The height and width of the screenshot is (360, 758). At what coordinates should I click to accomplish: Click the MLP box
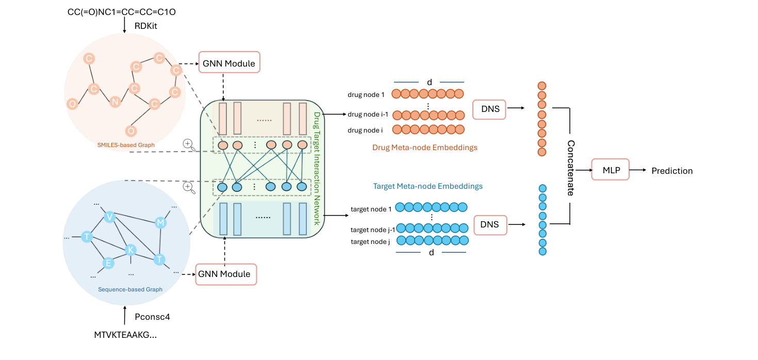[x=610, y=169]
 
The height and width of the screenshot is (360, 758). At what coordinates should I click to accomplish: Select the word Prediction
[x=672, y=171]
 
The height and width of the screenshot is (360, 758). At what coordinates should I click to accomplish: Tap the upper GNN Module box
[x=229, y=63]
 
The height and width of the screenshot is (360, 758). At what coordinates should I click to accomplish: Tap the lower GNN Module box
[x=225, y=274]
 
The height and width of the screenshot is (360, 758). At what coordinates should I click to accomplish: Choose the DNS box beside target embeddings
[x=490, y=224]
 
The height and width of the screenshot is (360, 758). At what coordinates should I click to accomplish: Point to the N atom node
[x=116, y=102]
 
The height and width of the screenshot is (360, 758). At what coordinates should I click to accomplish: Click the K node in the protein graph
[x=131, y=250]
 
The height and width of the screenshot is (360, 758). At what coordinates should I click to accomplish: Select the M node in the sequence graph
[x=160, y=223]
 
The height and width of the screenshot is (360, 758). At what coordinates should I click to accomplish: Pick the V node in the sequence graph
[x=109, y=217]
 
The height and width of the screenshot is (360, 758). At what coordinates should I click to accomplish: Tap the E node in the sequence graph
[x=108, y=263]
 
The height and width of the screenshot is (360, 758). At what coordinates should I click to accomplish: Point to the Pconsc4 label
[x=152, y=317]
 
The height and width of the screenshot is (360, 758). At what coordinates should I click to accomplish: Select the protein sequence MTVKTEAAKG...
[x=125, y=335]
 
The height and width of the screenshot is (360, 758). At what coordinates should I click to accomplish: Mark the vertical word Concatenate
[x=571, y=168]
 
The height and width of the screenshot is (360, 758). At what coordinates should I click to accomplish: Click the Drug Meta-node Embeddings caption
[x=424, y=148]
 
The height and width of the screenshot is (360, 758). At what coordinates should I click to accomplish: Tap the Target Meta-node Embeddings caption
[x=427, y=186]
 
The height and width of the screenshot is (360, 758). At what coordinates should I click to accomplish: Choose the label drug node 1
[x=366, y=94]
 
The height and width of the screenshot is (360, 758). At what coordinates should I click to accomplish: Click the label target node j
[x=370, y=241]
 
